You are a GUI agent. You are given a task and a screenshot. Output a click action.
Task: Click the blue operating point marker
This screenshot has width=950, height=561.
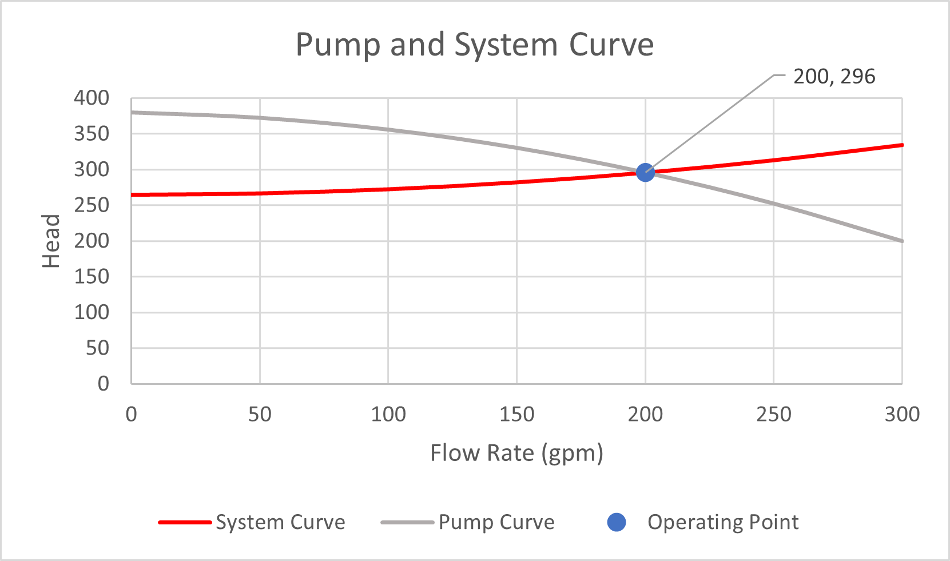[645, 172]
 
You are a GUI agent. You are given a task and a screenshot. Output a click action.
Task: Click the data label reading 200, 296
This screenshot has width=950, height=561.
[834, 77]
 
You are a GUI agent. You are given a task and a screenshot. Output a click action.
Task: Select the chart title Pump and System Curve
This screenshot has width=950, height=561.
[474, 45]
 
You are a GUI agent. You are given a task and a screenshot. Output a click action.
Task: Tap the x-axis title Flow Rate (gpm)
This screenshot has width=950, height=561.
[516, 453]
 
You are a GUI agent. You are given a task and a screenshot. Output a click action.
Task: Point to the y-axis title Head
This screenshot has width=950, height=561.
[51, 241]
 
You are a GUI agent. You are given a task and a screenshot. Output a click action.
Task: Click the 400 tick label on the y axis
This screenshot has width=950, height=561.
[92, 98]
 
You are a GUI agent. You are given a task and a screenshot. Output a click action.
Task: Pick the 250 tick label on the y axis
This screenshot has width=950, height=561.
[92, 205]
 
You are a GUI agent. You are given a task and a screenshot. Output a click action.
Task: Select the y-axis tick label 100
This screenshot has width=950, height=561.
[92, 312]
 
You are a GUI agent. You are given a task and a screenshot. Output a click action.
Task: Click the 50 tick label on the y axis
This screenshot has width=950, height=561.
[97, 348]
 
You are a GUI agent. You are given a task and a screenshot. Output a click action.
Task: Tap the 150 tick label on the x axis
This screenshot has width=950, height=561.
[516, 414]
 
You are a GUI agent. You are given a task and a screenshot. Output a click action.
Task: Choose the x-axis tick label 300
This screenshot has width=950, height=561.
[902, 414]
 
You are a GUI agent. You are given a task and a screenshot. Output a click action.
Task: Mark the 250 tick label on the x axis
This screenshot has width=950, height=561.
[773, 414]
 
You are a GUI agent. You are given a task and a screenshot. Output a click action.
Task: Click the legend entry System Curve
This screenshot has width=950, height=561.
[280, 522]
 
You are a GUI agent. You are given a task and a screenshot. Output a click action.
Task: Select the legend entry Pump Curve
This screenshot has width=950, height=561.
[496, 522]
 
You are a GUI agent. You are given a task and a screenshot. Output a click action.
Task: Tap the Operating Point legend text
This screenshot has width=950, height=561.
[723, 522]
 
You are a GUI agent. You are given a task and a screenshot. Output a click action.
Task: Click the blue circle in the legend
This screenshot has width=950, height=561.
[617, 522]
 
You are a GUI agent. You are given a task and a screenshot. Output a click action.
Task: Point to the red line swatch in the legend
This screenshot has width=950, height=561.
[185, 522]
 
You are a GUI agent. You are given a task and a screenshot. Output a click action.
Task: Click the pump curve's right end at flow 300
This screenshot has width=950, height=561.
[901, 241]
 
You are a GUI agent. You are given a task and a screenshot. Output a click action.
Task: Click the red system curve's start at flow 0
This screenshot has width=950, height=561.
[133, 195]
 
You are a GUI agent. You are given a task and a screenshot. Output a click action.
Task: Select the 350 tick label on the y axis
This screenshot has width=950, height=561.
[92, 134]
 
